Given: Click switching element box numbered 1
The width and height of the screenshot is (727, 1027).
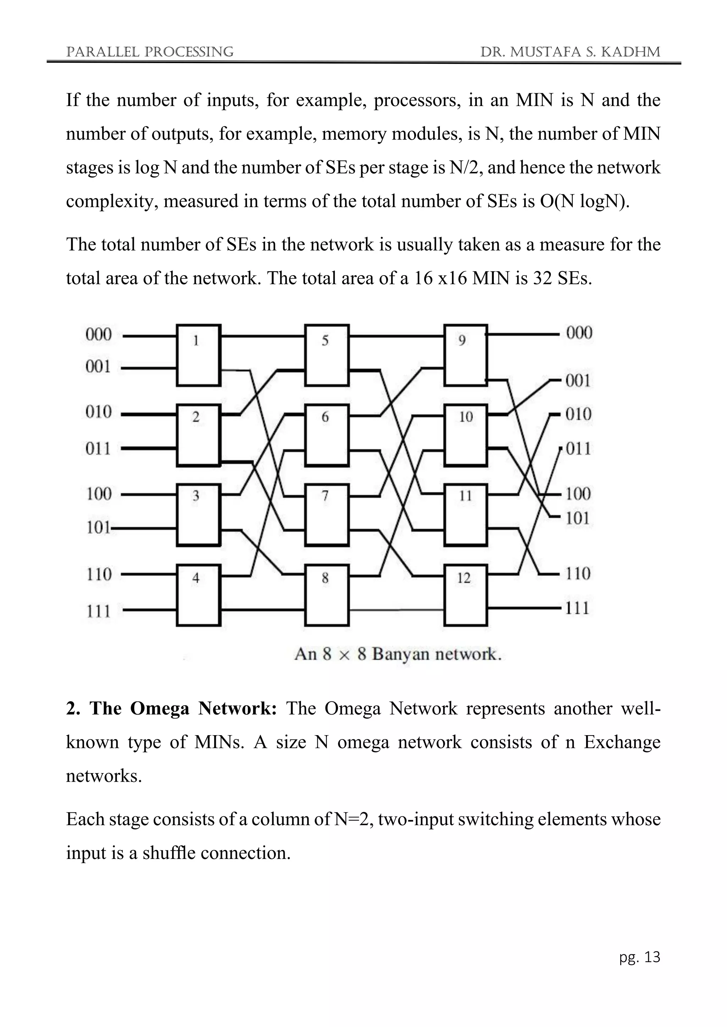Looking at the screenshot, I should [198, 355].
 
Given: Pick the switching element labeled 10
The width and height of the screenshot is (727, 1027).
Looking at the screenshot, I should [466, 435].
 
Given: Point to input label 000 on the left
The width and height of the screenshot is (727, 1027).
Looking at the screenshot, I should [98, 334].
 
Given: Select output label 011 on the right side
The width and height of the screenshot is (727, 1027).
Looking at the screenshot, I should [578, 448].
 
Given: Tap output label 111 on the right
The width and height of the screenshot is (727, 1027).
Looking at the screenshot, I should [577, 608].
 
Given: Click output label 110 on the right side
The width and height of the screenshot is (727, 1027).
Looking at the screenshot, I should [578, 573].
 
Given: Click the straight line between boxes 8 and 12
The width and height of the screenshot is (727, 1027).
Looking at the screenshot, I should [396, 609].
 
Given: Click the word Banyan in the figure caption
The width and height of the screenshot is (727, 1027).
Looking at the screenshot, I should [400, 654].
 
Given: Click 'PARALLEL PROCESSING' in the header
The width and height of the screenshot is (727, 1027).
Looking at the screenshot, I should [149, 52].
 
